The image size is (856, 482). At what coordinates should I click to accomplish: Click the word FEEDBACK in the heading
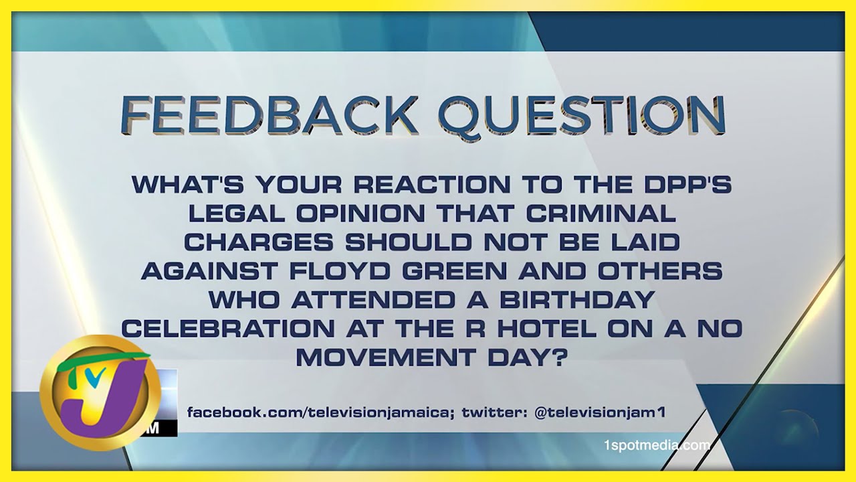point(268,114)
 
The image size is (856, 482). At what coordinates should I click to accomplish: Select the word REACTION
point(432,185)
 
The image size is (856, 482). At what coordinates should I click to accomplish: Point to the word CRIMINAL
point(601,214)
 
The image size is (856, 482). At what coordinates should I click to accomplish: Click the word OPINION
point(360,214)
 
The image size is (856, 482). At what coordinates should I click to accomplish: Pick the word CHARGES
point(259,242)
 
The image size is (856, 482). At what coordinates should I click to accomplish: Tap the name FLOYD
point(340,271)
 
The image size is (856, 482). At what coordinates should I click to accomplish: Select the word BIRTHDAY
point(577,300)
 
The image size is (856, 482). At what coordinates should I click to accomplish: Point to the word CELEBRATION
point(228,329)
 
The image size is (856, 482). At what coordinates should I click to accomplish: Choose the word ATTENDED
point(373,300)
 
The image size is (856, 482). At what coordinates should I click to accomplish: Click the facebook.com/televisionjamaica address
point(320,412)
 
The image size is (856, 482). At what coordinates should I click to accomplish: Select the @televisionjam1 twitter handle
point(600,412)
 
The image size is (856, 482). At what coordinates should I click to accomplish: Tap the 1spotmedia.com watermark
point(657,445)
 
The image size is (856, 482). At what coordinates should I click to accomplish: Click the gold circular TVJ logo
point(100,392)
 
